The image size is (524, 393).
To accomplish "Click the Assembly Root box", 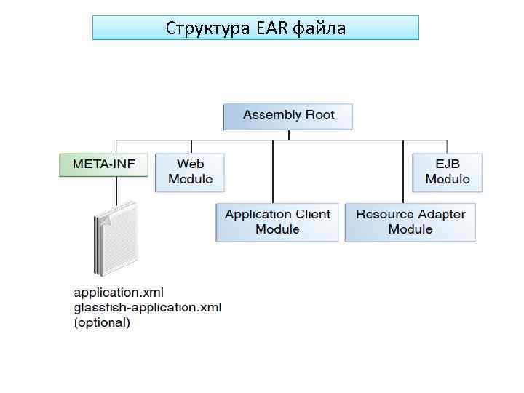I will [x=288, y=116].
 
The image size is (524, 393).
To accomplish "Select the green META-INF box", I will [x=103, y=164].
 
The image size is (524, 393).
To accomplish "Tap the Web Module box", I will [x=190, y=172].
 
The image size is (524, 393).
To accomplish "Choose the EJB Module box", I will [x=447, y=172].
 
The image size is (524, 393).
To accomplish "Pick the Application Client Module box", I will [x=277, y=222].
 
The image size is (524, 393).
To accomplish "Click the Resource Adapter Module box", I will [x=410, y=222].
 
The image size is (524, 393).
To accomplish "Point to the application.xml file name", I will [x=119, y=293].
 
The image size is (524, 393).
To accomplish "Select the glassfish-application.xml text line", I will [x=148, y=307].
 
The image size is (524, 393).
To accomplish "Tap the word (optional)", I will [x=103, y=322].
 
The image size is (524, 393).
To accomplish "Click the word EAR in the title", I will [x=271, y=28].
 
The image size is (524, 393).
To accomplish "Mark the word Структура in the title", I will [x=207, y=28].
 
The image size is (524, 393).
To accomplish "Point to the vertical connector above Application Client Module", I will [x=273, y=171].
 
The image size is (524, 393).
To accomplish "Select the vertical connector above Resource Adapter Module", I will [x=404, y=171].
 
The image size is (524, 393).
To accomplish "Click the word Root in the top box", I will [x=319, y=114].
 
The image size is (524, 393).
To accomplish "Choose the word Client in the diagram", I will [x=313, y=214].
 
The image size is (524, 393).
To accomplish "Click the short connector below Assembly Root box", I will [x=289, y=135].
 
